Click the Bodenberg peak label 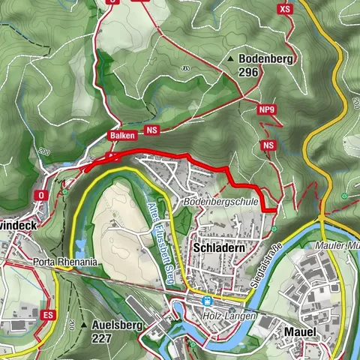(265, 58)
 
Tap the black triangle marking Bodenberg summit (230, 58)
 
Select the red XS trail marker (283, 9)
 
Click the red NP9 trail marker (266, 110)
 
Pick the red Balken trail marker (121, 135)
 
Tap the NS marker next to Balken (153, 130)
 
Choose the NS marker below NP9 (269, 145)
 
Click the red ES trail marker (49, 313)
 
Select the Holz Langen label (230, 316)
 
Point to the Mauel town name (300, 331)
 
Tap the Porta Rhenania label (65, 262)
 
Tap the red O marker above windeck (40, 194)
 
